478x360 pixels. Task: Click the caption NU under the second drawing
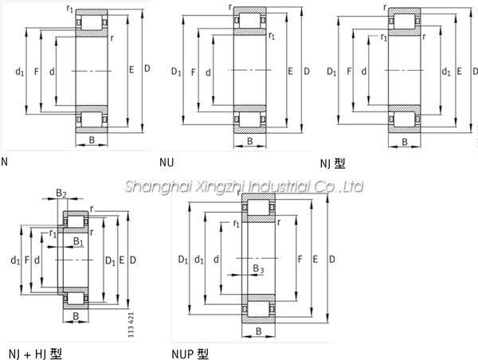[167, 162]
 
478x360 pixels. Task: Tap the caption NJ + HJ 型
[35, 354]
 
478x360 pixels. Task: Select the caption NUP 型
[190, 354]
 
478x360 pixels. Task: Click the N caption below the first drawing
[4, 162]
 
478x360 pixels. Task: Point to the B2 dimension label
[61, 193]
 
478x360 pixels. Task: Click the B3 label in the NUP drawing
[258, 268]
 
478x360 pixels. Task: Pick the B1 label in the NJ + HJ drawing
[78, 241]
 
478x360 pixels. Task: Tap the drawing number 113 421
[131, 325]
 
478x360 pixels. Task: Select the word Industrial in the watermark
[279, 186]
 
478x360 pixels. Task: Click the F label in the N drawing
[37, 72]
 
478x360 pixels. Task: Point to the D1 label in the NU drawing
[176, 72]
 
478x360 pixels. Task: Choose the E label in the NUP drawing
[315, 260]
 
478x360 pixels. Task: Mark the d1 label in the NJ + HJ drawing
[15, 260]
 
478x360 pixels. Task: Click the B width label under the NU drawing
[250, 141]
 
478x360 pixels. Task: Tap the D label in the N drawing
[147, 68]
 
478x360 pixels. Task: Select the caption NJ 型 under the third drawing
[332, 164]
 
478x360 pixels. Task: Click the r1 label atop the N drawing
[70, 9]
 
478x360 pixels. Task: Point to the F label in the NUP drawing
[300, 260]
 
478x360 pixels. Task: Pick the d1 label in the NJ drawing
[446, 72]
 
